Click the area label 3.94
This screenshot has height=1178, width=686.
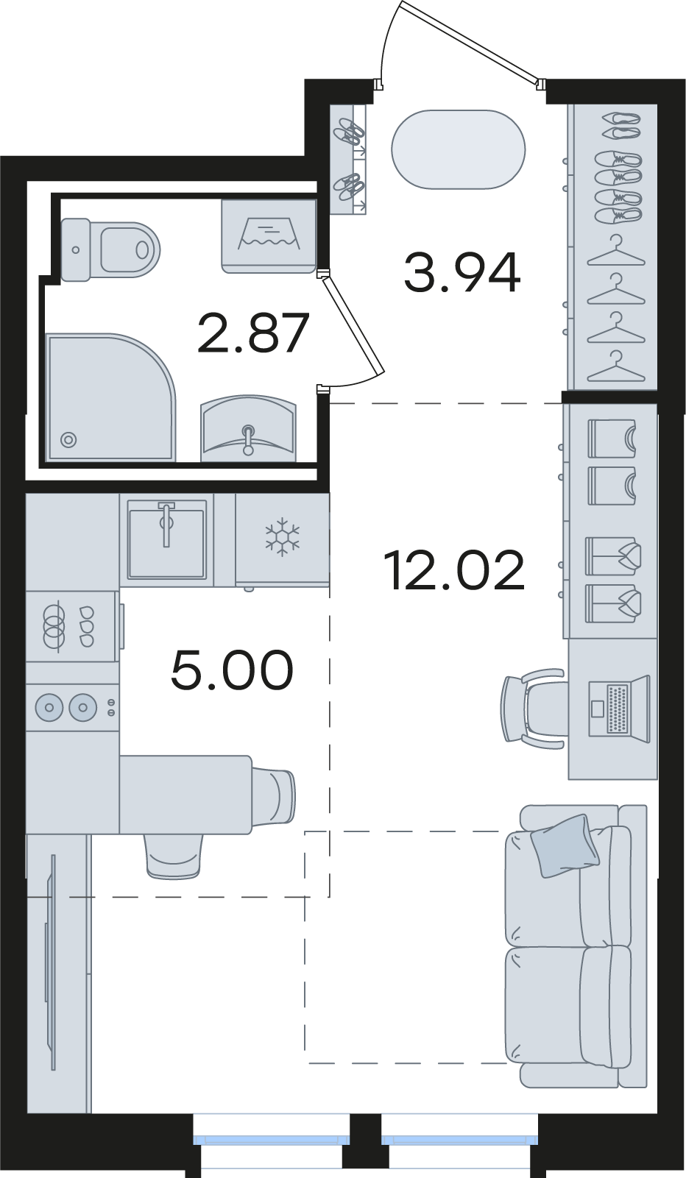(x=462, y=272)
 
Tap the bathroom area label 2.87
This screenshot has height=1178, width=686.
(x=252, y=333)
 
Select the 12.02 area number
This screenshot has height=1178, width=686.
(x=454, y=570)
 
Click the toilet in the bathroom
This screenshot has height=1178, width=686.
(x=110, y=249)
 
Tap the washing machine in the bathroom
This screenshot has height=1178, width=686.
(x=269, y=236)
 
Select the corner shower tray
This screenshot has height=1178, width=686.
(x=111, y=397)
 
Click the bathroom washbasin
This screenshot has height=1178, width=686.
(x=248, y=429)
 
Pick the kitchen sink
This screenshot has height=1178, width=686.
(x=167, y=539)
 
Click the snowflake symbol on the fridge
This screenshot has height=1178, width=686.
(x=283, y=537)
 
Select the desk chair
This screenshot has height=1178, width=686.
(x=532, y=709)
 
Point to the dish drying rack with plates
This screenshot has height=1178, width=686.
(x=71, y=626)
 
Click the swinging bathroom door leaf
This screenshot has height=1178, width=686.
(x=353, y=326)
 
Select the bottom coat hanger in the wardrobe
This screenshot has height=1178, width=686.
(x=616, y=366)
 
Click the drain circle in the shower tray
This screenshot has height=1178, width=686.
(x=68, y=440)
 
